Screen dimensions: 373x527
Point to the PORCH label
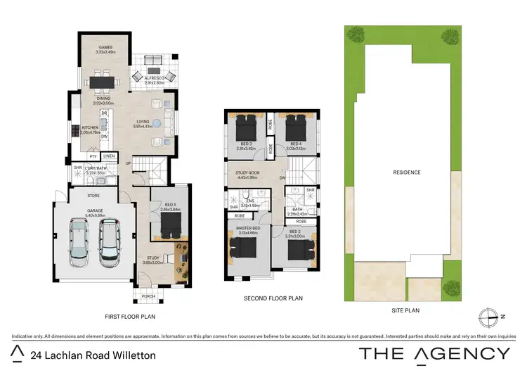(x=148, y=296)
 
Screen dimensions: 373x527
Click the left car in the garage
(x=79, y=240)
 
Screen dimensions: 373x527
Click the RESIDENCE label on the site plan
(x=406, y=172)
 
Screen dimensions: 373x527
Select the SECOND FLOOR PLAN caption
(x=273, y=298)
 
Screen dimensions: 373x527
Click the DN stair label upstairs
(x=282, y=178)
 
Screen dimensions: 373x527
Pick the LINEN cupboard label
(x=109, y=156)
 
